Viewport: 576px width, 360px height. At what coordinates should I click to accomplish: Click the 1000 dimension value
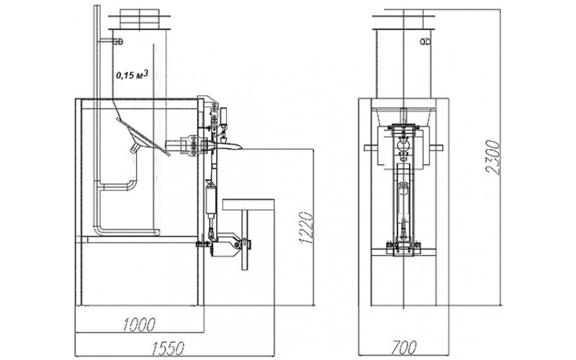[x=138, y=324]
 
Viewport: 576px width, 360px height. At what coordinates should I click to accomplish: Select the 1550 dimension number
[x=168, y=348]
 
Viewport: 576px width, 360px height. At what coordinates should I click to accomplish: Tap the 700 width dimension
[x=404, y=347]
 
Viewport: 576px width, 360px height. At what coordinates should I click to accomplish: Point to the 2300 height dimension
[x=493, y=156]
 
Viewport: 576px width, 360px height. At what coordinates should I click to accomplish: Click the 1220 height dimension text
[x=306, y=227]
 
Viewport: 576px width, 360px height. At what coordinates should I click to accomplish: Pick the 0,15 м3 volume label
[x=132, y=75]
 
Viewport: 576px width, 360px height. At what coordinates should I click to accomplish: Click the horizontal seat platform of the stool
[x=248, y=204]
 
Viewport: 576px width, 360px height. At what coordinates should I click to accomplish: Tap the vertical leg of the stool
[x=245, y=240]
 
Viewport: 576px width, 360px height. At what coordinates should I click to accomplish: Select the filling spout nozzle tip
[x=235, y=147]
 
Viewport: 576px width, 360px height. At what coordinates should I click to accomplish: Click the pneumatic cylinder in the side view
[x=211, y=200]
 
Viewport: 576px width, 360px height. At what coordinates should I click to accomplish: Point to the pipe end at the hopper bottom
[x=157, y=232]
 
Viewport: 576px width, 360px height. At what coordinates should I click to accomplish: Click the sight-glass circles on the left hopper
[x=118, y=42]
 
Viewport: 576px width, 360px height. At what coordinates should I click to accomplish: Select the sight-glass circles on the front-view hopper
[x=426, y=42]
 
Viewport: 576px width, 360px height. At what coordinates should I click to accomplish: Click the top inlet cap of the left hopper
[x=140, y=19]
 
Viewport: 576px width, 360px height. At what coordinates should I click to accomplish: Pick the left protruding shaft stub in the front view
[x=372, y=148]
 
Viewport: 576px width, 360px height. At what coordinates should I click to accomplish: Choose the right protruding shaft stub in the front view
[x=437, y=148]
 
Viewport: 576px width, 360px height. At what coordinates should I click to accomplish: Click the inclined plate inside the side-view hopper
[x=143, y=137]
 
